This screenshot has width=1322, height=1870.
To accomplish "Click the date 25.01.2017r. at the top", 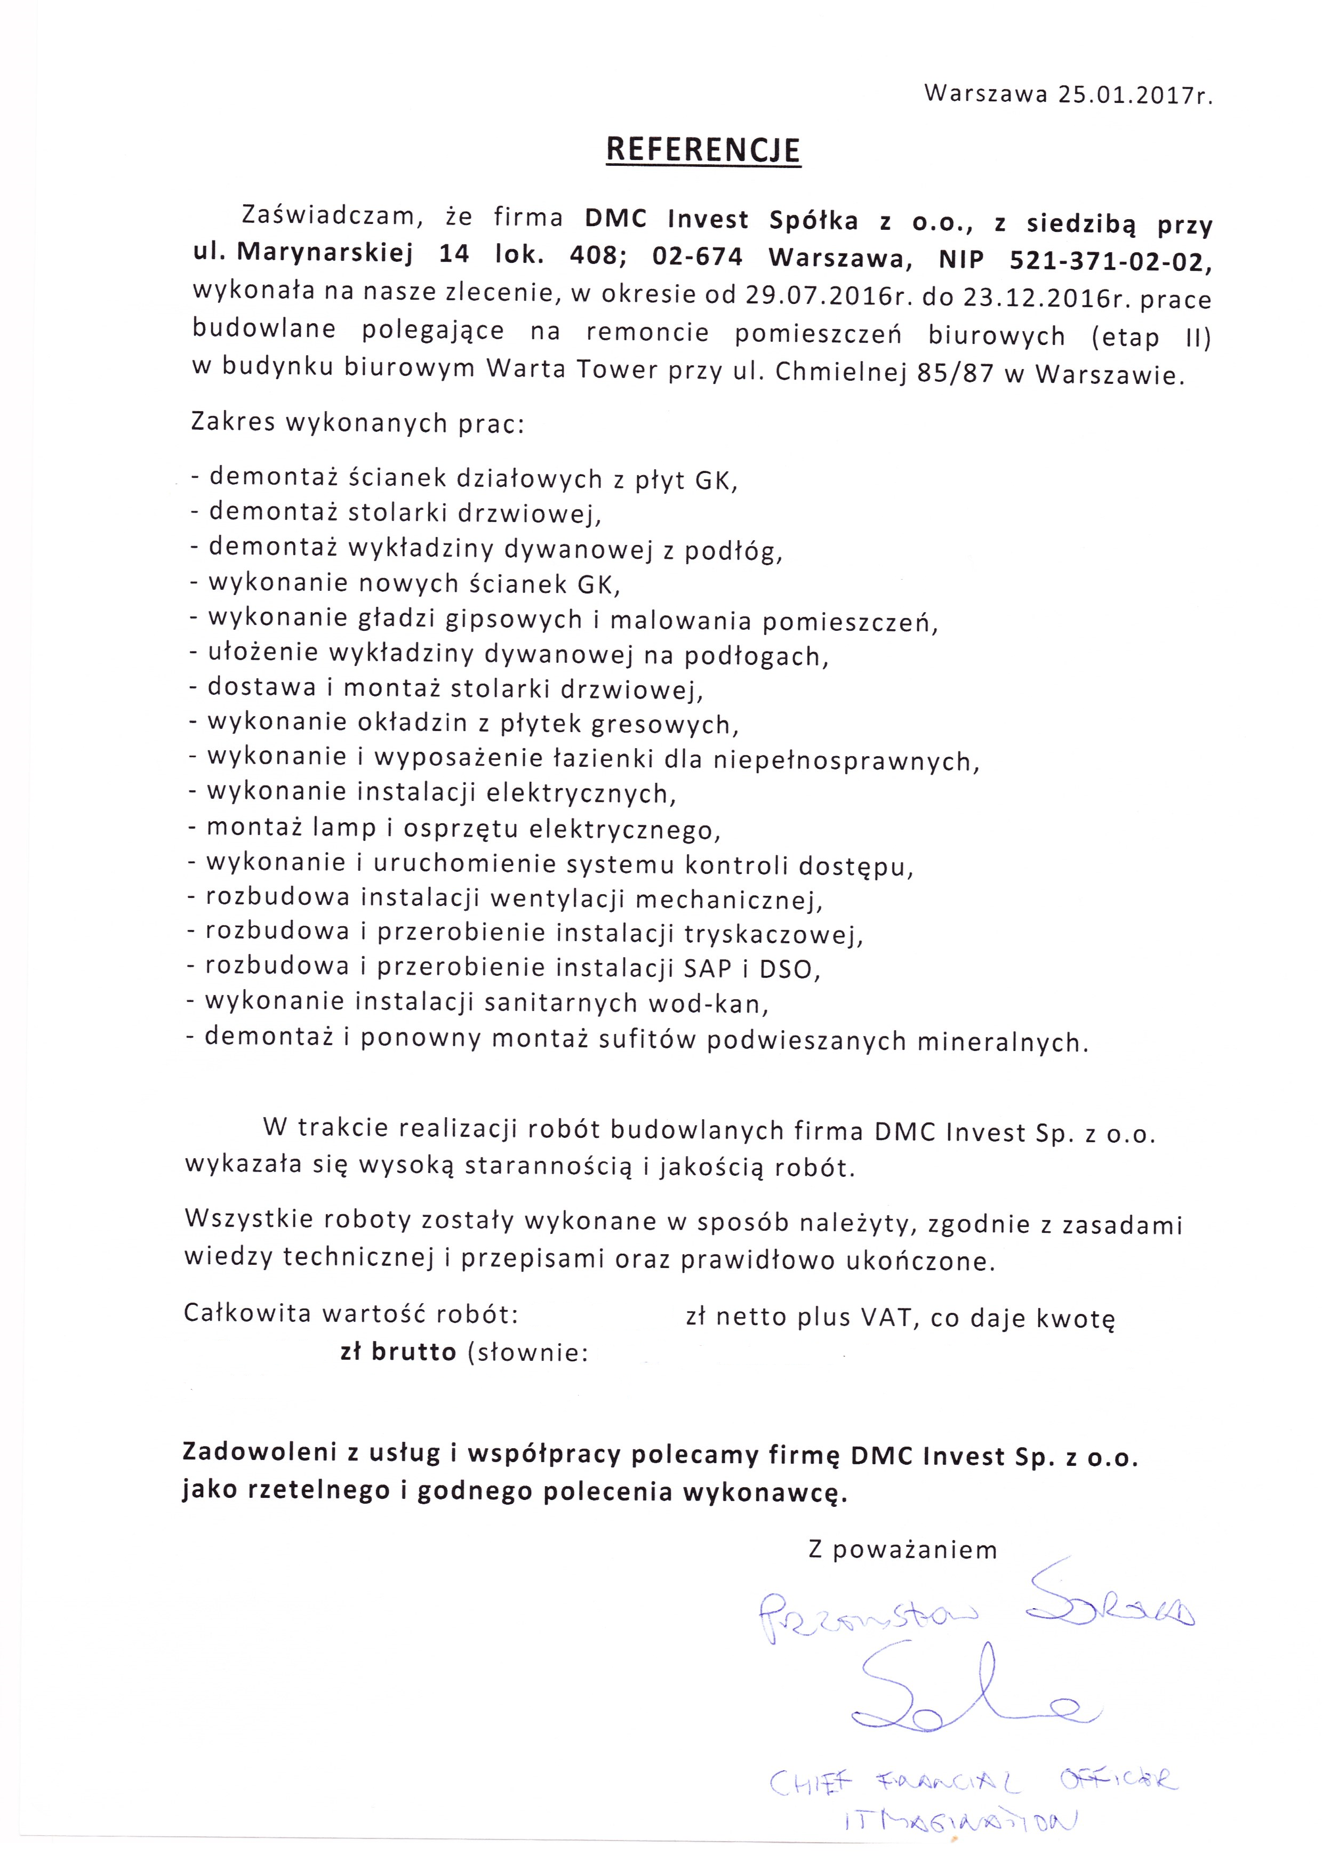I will (x=1135, y=95).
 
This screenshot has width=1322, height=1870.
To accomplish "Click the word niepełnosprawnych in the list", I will (x=845, y=761).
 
